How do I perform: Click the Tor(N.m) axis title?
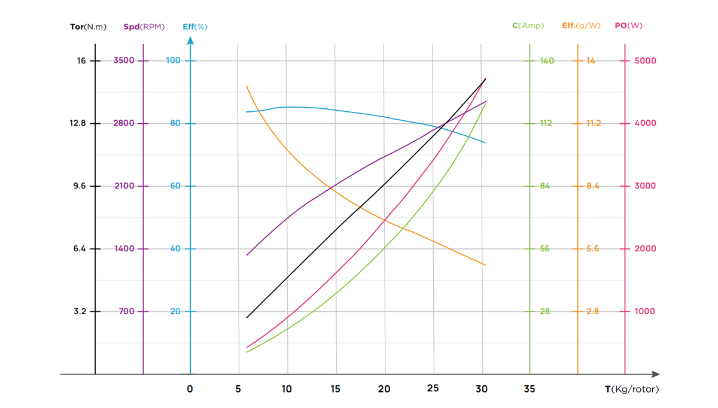click(x=88, y=27)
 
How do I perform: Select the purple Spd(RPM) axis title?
click(x=144, y=27)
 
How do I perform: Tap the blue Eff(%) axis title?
click(x=195, y=27)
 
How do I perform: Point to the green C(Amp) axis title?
click(x=528, y=26)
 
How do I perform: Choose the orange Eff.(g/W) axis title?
click(x=581, y=26)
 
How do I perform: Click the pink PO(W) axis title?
click(x=629, y=26)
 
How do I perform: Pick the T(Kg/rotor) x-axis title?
click(x=632, y=389)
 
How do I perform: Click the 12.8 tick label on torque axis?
click(x=78, y=123)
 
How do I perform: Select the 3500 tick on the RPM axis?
click(x=124, y=60)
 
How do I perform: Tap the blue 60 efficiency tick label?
click(x=175, y=186)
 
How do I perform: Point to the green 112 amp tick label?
click(x=546, y=123)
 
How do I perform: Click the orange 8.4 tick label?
click(x=593, y=186)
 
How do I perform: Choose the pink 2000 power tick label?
click(x=645, y=248)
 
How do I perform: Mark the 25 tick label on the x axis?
click(x=433, y=388)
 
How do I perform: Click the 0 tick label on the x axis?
click(x=190, y=389)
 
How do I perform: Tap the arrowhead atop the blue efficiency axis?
click(x=190, y=40)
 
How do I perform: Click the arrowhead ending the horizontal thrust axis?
click(x=656, y=374)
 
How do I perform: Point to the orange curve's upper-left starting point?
click(x=247, y=86)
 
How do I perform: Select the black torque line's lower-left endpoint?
click(x=247, y=318)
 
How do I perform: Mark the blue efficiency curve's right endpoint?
click(x=485, y=143)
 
